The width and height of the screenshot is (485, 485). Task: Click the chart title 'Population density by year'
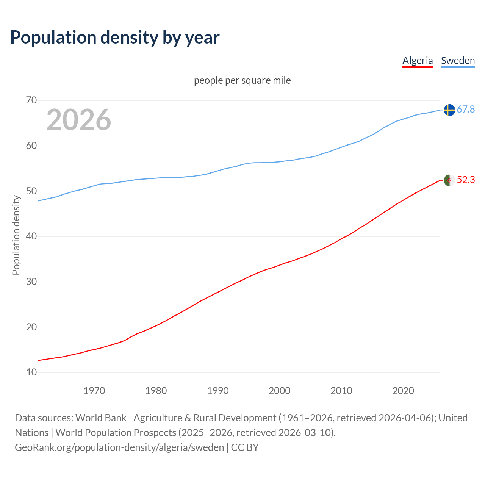(x=115, y=37)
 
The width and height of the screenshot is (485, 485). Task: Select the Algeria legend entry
(x=418, y=61)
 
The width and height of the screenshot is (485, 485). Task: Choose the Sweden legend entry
(x=458, y=61)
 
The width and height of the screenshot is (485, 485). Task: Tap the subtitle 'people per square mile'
(x=242, y=80)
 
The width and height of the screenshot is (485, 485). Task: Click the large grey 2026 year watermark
(x=79, y=120)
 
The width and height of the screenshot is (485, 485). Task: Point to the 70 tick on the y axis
(x=31, y=100)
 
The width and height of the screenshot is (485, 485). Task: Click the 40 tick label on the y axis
(x=31, y=236)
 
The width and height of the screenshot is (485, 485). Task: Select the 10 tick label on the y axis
(x=31, y=372)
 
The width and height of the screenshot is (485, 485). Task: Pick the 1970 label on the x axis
(x=94, y=391)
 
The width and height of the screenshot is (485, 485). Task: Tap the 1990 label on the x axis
(x=218, y=391)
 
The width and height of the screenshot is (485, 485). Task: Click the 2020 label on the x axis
(x=403, y=391)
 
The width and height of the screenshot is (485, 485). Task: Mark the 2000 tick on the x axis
(x=280, y=391)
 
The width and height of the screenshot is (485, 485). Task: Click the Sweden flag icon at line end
(x=449, y=110)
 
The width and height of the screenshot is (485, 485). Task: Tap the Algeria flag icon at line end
(x=449, y=180)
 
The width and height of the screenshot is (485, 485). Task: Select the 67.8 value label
(x=466, y=110)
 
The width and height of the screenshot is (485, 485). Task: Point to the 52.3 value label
(x=466, y=180)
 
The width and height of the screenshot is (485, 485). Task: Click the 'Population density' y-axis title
(x=16, y=235)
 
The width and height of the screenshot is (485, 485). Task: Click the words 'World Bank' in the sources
(x=101, y=418)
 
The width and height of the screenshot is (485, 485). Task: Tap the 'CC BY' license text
(x=245, y=447)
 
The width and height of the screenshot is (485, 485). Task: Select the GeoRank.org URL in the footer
(x=119, y=447)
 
